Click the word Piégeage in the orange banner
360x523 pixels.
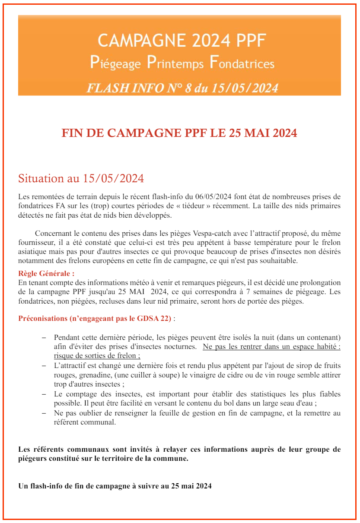coord(115,63)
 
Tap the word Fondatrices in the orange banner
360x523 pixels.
coord(242,63)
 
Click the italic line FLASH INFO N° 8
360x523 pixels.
coord(182,88)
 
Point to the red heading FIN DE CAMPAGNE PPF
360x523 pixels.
coord(179,133)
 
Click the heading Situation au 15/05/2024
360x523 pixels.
coord(81,178)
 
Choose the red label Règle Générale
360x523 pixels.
coord(46,273)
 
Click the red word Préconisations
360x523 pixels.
coord(42,319)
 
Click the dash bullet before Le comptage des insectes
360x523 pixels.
coord(43,394)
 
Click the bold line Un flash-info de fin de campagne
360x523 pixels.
coord(115,486)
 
